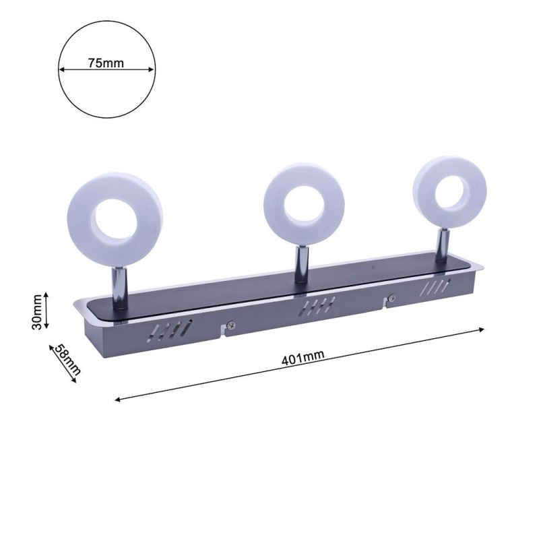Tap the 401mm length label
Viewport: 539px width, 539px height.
click(300, 358)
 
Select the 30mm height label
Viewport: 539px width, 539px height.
click(37, 314)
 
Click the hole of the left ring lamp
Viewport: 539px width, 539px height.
click(115, 218)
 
